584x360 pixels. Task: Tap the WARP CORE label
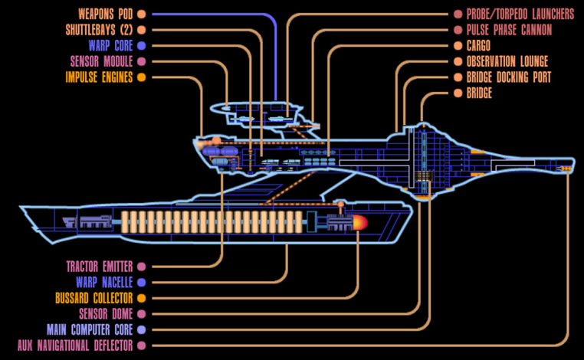pos(110,46)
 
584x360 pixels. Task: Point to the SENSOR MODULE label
pos(103,61)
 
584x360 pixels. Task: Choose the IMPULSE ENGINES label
pos(99,77)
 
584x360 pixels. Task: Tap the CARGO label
pos(483,46)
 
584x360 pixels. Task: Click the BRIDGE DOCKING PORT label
pos(508,77)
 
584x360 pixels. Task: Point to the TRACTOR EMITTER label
pos(100,267)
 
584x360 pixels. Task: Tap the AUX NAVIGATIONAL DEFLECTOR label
pos(75,345)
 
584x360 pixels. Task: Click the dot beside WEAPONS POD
pos(141,14)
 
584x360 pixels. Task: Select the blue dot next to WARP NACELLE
pos(141,283)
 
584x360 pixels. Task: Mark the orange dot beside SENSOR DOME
pos(141,314)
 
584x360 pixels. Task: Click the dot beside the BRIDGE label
pos(458,93)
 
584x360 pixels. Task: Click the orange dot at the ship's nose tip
pos(566,169)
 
